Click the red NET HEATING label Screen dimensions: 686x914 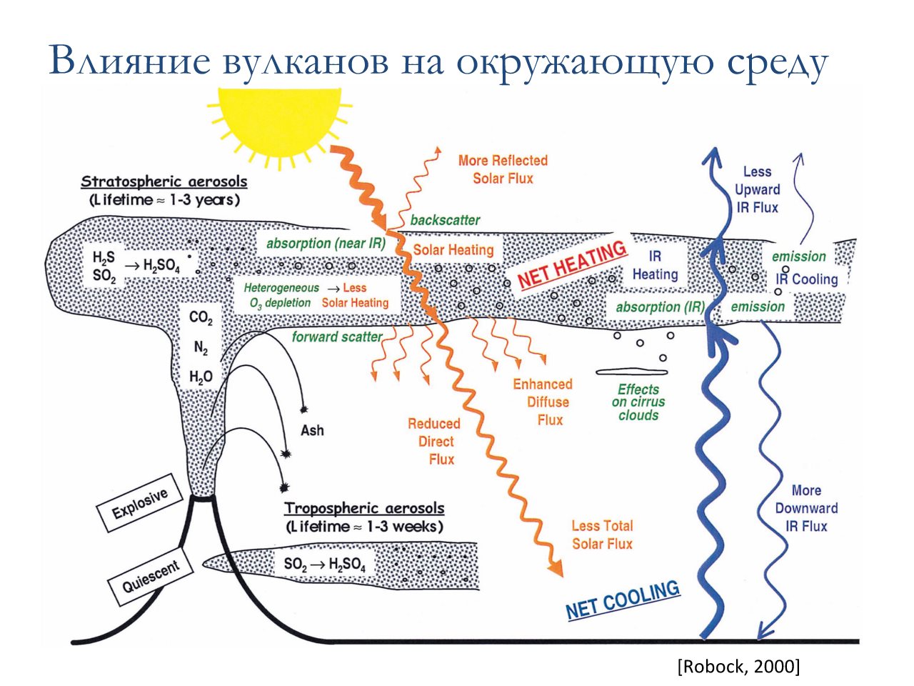click(572, 264)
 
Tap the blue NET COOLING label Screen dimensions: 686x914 click(623, 600)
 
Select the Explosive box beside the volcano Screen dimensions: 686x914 click(141, 503)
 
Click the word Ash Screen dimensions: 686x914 click(312, 430)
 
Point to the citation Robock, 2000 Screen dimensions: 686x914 click(738, 666)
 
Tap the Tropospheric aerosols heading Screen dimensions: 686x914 click(364, 509)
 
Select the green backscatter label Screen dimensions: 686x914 click(445, 220)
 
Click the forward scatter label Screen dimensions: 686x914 click(337, 337)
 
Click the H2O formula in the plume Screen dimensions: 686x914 click(201, 376)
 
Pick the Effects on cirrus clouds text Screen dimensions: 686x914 click(638, 402)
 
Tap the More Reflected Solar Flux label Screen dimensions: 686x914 click(503, 169)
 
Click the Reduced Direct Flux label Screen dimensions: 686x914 click(434, 441)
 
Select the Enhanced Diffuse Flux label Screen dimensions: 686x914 click(543, 402)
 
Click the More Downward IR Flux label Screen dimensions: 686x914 click(806, 508)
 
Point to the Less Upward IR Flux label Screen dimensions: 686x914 click(757, 189)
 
